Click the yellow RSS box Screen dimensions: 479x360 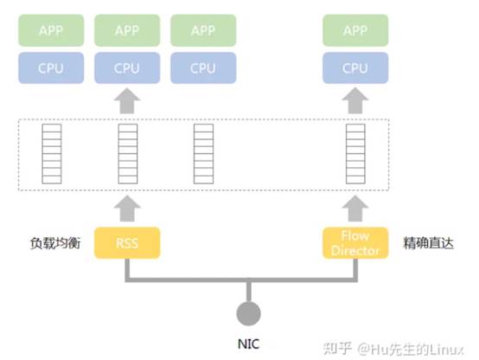tap(127, 243)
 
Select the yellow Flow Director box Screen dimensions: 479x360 tap(355, 243)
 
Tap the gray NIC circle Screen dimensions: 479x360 tap(249, 313)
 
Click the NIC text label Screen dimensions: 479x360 tap(249, 344)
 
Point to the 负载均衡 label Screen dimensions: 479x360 tap(55, 243)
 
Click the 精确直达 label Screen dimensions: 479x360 tap(428, 243)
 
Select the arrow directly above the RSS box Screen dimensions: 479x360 tap(127, 209)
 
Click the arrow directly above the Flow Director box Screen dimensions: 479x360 tap(355, 209)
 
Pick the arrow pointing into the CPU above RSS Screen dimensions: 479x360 tap(127, 101)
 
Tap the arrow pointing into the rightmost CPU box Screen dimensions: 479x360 tap(355, 101)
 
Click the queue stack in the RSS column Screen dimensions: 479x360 tap(128, 154)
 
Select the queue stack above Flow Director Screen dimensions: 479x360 tap(355, 154)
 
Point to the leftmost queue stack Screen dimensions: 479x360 tap(52, 154)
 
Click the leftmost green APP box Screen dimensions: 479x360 tap(51, 30)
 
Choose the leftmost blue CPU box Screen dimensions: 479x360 tap(51, 67)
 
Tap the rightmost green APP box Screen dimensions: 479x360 tap(355, 30)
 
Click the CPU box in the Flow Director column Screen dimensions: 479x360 tap(355, 67)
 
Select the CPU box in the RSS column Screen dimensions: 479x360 tap(127, 67)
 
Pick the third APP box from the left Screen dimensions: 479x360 tap(203, 30)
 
